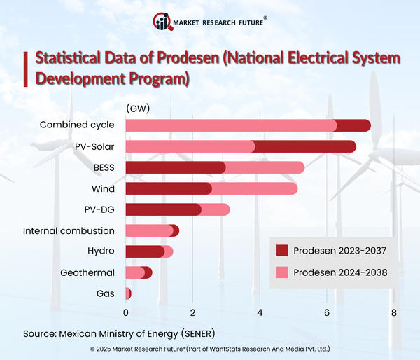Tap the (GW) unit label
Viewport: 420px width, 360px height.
tap(138, 109)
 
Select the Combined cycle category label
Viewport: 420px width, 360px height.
tap(77, 125)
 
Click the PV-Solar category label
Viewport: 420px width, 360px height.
tap(94, 146)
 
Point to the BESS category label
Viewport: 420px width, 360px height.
tap(103, 167)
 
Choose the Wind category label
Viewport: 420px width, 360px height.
tap(103, 188)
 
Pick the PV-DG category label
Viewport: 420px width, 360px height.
tap(99, 209)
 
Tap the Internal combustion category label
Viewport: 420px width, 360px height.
tap(69, 230)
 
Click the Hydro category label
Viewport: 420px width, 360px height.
tap(101, 251)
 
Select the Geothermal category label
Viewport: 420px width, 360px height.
tap(87, 272)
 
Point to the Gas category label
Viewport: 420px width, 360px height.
tap(106, 293)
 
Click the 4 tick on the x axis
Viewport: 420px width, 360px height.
tap(260, 312)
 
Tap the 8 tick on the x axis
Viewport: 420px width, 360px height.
tap(394, 312)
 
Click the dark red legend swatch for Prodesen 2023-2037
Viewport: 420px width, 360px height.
tap(282, 251)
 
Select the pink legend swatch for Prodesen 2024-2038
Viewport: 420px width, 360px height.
tap(282, 272)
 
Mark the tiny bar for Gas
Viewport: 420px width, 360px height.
tap(128, 293)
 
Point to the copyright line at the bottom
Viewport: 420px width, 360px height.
tap(210, 348)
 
